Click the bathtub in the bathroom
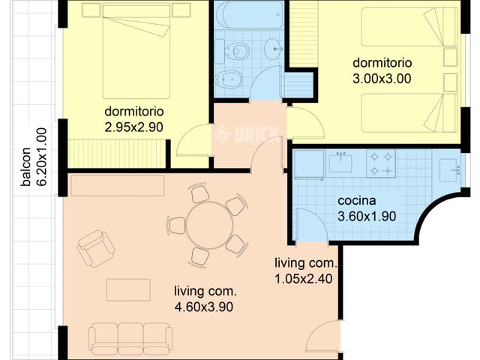coord(249,14)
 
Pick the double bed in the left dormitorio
coord(136,49)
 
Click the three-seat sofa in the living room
coord(130,338)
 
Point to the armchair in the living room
coord(96,248)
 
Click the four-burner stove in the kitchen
coord(380,164)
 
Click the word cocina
coord(357,201)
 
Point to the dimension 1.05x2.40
coord(305,278)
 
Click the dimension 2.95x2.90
coord(134,127)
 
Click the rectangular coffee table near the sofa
coord(127,289)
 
